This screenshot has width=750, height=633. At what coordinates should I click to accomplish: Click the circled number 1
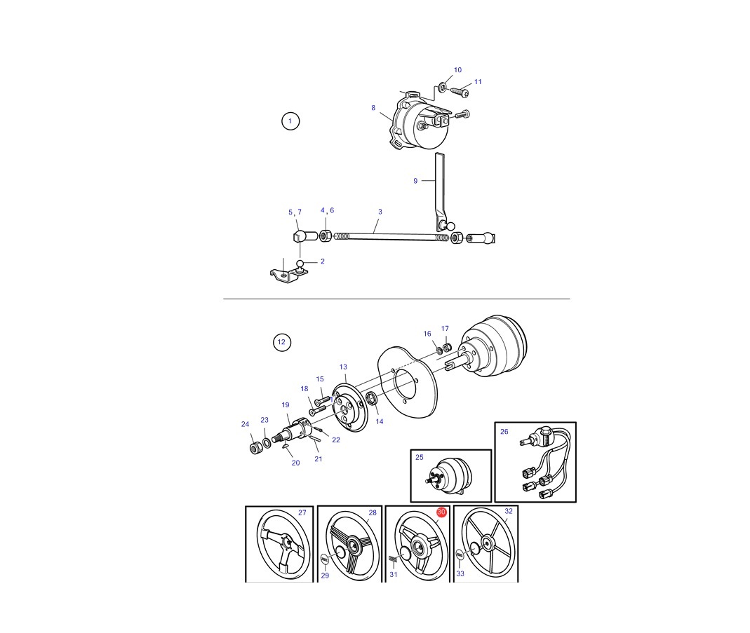290,121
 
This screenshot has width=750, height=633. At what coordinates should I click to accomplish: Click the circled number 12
282,342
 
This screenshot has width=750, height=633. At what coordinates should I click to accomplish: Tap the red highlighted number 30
441,512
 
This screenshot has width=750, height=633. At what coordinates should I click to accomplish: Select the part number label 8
373,108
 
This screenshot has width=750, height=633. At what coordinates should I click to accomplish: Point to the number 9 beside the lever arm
415,181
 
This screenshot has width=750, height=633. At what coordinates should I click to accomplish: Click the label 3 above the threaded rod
380,212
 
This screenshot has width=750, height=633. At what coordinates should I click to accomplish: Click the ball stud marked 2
300,264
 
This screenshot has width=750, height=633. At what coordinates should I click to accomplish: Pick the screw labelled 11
462,92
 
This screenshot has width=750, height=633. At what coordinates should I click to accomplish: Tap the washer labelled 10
443,88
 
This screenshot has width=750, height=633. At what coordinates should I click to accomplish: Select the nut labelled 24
256,448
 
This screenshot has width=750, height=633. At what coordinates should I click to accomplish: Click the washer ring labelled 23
267,443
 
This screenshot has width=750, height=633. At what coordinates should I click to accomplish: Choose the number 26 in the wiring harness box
504,431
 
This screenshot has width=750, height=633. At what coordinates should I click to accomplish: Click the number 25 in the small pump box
420,457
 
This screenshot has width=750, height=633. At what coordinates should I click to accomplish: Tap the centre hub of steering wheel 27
285,543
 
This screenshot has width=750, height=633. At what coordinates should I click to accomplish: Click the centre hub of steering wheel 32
488,543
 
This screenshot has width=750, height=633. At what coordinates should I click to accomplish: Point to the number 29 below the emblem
326,576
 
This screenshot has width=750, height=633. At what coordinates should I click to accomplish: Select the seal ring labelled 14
370,397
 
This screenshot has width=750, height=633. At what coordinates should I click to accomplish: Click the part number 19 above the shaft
286,405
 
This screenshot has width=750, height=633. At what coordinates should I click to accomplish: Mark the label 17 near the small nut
445,329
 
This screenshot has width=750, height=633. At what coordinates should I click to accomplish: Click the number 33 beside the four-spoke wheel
460,573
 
